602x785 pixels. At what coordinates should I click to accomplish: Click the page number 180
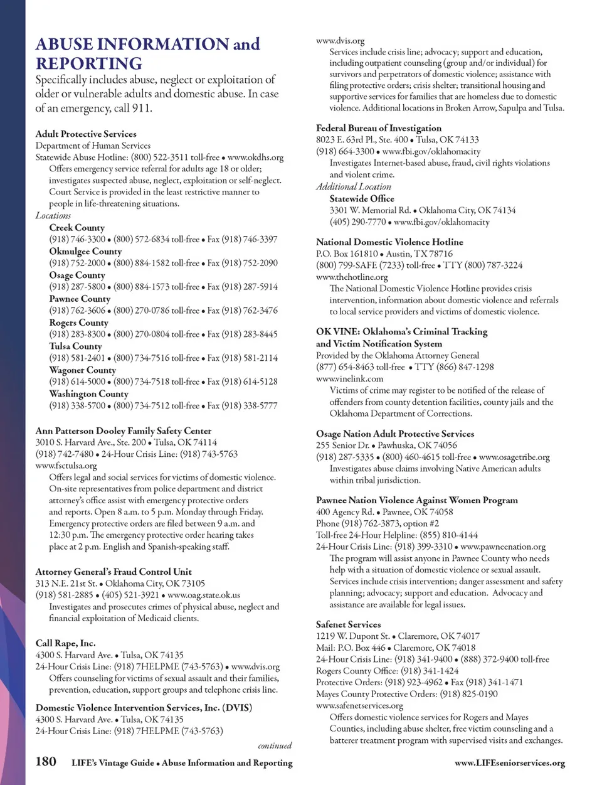(46, 762)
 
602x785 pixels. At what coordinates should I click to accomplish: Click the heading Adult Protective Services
(86, 134)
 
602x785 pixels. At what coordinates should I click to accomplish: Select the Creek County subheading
(77, 228)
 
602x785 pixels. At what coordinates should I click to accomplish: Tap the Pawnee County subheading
(80, 299)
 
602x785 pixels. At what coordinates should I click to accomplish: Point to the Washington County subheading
(89, 394)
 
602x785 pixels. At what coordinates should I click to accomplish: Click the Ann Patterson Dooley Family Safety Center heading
(124, 431)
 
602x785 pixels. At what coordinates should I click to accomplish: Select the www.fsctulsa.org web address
(66, 466)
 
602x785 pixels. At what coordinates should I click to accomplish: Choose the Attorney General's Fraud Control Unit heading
(114, 572)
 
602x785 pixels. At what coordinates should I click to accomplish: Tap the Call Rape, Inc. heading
(66, 643)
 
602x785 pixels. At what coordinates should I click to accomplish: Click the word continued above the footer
(275, 746)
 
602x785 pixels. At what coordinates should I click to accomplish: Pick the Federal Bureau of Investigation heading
(379, 128)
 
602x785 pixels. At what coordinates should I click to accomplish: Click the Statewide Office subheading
(362, 199)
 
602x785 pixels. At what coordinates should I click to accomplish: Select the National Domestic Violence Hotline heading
(389, 242)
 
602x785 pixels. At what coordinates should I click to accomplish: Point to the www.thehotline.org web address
(352, 277)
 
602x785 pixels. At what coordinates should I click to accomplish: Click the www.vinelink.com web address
(349, 378)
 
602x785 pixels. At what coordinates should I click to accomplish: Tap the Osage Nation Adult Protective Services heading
(395, 434)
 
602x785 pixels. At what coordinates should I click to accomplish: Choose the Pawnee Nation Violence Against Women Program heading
(417, 500)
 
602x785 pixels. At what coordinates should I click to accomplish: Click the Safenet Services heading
(348, 624)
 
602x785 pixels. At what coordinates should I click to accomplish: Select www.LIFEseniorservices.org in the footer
(509, 763)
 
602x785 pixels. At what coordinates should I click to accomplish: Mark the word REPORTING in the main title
(89, 63)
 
